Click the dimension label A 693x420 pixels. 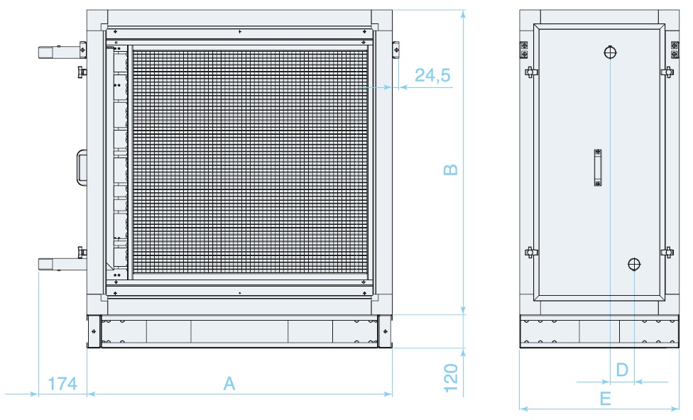pos(229,383)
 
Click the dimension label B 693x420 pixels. pos(450,170)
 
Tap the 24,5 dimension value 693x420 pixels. pos(432,75)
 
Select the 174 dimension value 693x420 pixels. pos(62,384)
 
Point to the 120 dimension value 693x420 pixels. pos(450,378)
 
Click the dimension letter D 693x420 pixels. pos(622,370)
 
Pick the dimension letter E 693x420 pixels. pos(606,399)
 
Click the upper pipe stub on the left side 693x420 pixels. pos(60,52)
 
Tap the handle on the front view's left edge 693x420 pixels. pos(82,168)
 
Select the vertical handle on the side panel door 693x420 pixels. pos(598,168)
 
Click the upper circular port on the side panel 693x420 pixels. pos(610,52)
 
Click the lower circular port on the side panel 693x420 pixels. pos(634,265)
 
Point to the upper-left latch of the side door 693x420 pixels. pos(531,72)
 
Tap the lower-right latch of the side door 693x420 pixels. pos(667,252)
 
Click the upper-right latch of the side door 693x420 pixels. pos(667,72)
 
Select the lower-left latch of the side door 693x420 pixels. pos(531,252)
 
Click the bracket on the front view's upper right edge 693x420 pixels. pos(395,50)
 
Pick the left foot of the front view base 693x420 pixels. pos(94,331)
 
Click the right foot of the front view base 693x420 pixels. pos(385,331)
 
